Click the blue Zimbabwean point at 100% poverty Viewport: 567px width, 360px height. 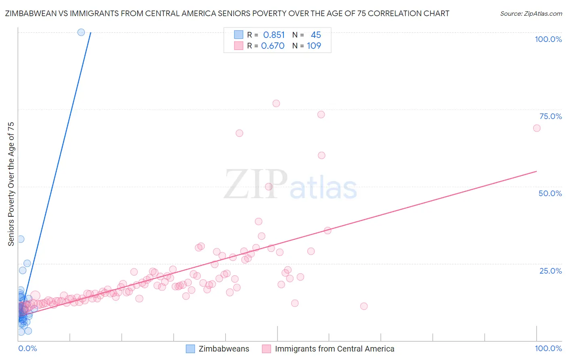[x=81, y=32]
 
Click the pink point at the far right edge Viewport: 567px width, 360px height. [x=536, y=128]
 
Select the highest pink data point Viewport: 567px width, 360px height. [x=276, y=103]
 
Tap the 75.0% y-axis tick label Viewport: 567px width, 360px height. [x=550, y=116]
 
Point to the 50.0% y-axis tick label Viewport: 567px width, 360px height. [x=550, y=193]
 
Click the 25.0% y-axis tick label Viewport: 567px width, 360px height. [x=550, y=271]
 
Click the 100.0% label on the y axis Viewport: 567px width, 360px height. [x=548, y=39]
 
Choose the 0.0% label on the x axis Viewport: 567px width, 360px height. [x=27, y=348]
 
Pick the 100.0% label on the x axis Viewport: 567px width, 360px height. [x=548, y=348]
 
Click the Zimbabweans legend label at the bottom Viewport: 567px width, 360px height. [x=224, y=349]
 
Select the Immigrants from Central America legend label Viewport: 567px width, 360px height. [x=334, y=349]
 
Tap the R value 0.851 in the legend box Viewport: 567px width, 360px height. [x=274, y=35]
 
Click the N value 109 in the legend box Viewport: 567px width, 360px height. [x=314, y=46]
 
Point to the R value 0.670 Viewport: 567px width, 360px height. [x=273, y=46]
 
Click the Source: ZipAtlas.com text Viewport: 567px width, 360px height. [x=531, y=13]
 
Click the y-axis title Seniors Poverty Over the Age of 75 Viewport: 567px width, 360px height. [x=11, y=184]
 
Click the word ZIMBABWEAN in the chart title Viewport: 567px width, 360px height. [x=29, y=13]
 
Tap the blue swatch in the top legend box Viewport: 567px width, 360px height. [x=239, y=35]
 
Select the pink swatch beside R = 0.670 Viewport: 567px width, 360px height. [x=239, y=46]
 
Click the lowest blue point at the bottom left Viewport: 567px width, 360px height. [x=21, y=332]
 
